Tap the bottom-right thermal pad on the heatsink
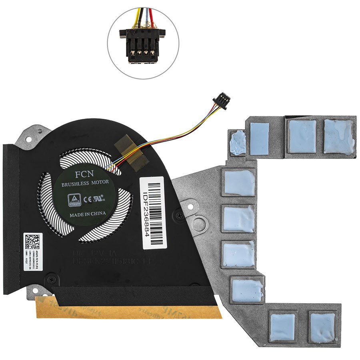(322, 327)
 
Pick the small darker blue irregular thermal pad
(239, 143)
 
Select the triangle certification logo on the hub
(74, 199)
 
